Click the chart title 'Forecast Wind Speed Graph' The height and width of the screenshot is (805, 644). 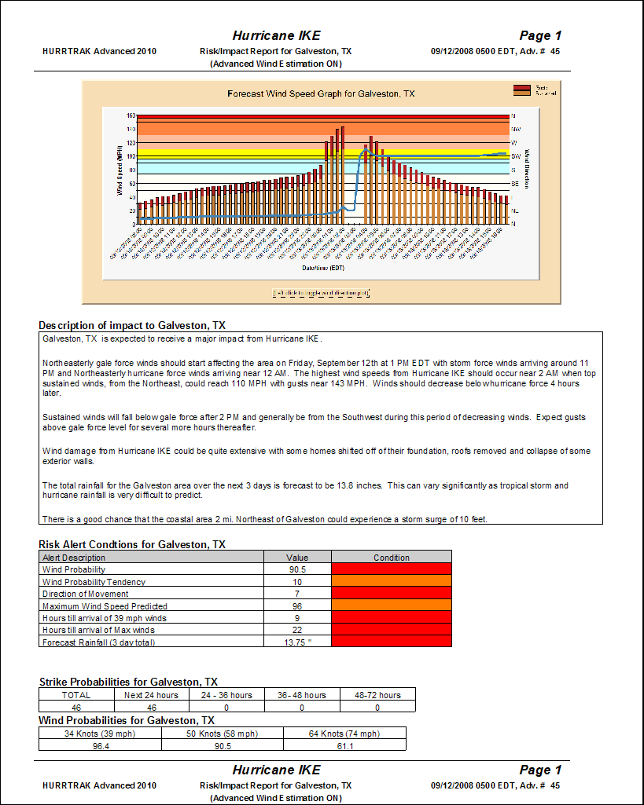click(x=321, y=93)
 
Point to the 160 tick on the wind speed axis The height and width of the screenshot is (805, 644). click(x=131, y=115)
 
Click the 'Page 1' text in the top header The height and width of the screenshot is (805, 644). click(x=540, y=35)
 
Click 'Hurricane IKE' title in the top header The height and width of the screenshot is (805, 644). click(x=276, y=35)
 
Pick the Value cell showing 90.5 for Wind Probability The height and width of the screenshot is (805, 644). click(x=297, y=569)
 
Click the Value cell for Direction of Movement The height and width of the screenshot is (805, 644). click(x=297, y=594)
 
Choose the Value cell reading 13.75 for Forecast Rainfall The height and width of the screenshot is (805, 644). click(x=297, y=642)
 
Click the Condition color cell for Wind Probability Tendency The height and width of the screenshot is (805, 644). click(x=392, y=582)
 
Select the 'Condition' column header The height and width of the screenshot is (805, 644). click(x=392, y=558)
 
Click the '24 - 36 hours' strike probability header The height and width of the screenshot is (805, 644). click(x=227, y=695)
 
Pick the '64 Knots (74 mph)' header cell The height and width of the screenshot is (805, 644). click(x=344, y=734)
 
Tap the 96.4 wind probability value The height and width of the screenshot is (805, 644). click(x=100, y=746)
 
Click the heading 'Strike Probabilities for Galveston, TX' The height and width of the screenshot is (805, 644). click(x=128, y=682)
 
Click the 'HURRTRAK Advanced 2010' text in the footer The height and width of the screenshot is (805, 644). click(x=99, y=785)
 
